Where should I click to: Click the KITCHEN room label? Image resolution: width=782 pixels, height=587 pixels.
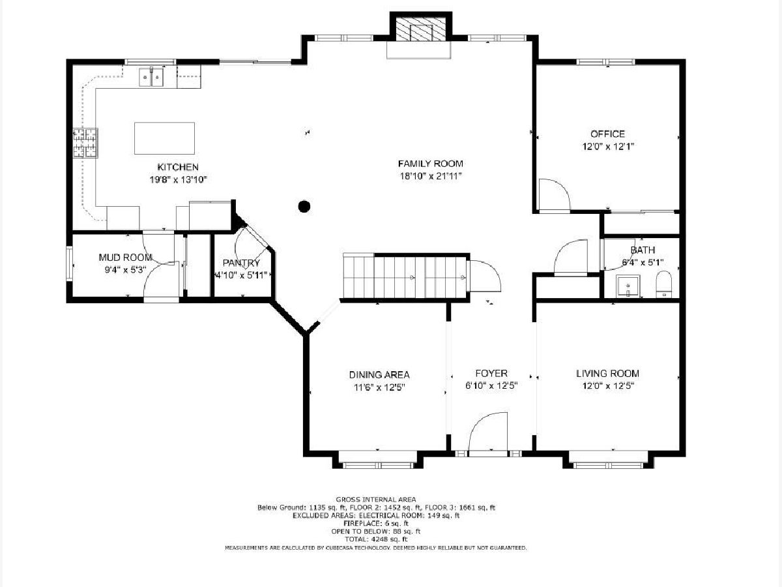[178, 167]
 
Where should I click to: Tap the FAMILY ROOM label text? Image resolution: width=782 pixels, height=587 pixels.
[430, 164]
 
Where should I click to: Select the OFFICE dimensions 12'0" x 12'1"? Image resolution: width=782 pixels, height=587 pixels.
[608, 147]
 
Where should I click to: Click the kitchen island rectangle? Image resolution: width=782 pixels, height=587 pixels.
[165, 138]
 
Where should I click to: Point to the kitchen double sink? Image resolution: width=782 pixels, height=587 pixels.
[151, 77]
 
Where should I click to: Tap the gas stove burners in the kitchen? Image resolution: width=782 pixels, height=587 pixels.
[85, 143]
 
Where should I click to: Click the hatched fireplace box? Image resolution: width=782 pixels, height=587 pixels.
[421, 30]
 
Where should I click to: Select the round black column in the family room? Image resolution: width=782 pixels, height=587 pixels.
[304, 206]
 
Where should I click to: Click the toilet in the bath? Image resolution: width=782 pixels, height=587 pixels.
[663, 284]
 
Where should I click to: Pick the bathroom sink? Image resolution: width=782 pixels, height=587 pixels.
[628, 286]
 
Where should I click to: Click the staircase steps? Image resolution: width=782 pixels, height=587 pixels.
[405, 277]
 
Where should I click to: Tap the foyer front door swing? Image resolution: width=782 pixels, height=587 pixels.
[487, 432]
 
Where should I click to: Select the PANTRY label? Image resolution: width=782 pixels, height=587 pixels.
[241, 263]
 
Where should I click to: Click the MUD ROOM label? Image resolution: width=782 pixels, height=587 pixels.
[125, 258]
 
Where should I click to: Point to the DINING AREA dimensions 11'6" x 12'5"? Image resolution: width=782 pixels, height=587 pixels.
[379, 387]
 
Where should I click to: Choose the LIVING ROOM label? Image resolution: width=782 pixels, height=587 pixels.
[607, 374]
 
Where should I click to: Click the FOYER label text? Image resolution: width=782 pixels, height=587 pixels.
[491, 373]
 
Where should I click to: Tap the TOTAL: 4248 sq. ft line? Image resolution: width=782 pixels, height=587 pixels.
[376, 539]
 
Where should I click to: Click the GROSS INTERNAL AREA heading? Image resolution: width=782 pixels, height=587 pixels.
[376, 500]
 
